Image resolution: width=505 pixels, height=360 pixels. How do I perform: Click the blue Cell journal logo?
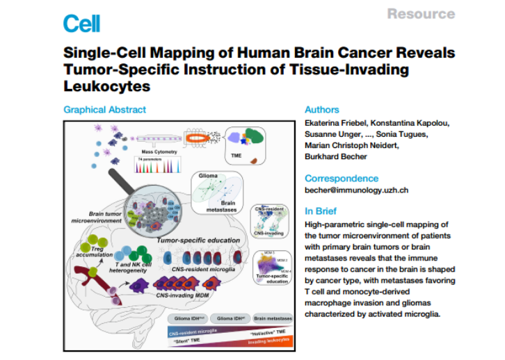tap(81, 24)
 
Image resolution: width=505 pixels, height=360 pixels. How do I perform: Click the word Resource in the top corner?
tap(421, 14)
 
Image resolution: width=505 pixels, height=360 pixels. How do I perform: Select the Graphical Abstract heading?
tap(104, 110)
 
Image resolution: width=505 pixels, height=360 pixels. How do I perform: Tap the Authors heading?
tap(321, 110)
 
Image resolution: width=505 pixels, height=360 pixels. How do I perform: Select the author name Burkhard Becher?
tap(334, 156)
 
